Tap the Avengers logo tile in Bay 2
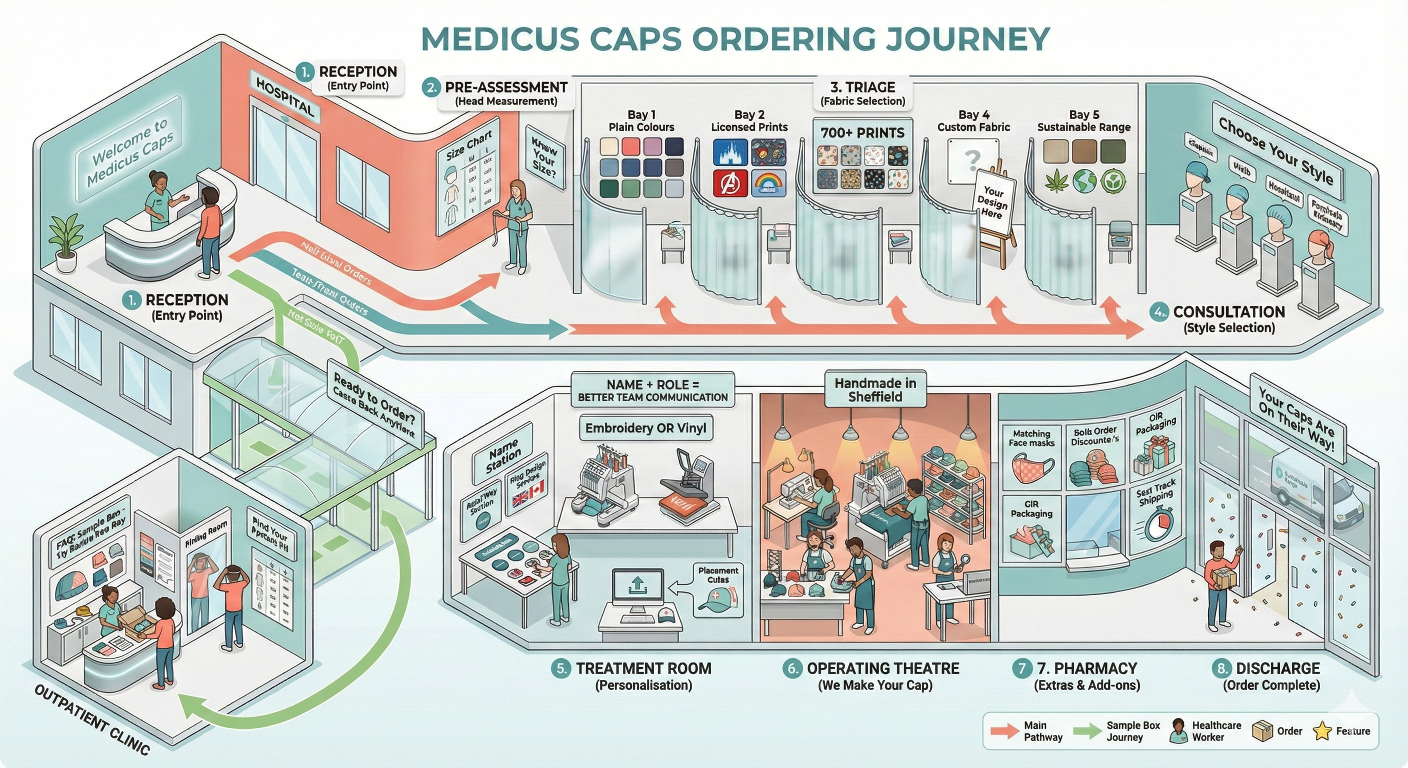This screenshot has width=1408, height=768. [x=729, y=182]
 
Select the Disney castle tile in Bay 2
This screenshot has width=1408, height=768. [x=729, y=152]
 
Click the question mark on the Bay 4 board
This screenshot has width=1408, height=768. [x=972, y=159]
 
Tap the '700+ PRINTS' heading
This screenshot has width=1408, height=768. [x=862, y=133]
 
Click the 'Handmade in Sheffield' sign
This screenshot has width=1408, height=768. [x=875, y=389]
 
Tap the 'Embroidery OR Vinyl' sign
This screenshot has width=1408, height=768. [x=646, y=428]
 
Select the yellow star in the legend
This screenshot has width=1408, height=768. [x=1321, y=731]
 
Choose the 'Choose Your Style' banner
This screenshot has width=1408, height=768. [x=1275, y=150]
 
